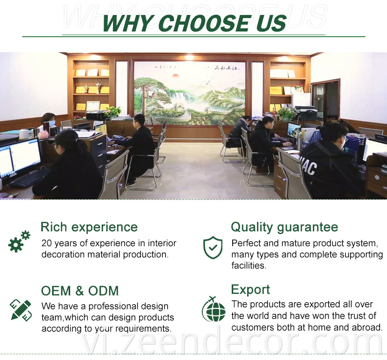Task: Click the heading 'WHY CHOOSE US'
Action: tap(194, 23)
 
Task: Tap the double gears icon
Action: tap(19, 241)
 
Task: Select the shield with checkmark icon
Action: tap(213, 247)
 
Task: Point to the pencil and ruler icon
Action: tap(21, 310)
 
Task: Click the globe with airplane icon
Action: tap(214, 309)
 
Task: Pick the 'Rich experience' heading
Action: tap(89, 227)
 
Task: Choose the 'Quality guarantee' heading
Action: tap(284, 227)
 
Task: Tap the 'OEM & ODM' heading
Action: tap(79, 291)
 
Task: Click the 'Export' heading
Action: tap(250, 290)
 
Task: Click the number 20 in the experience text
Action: tap(46, 243)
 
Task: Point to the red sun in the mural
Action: tap(175, 75)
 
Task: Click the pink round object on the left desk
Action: tap(43, 134)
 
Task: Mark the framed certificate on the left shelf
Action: tap(93, 106)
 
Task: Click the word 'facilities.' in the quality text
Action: tap(249, 265)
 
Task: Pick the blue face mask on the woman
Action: tap(52, 124)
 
